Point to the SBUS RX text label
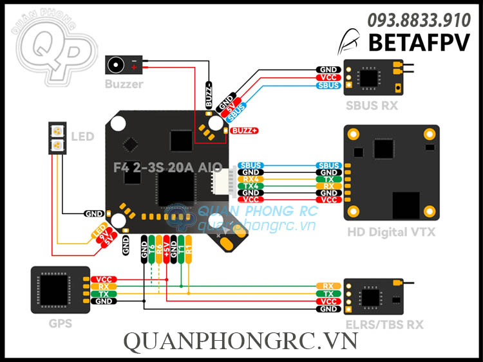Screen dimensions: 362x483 pyautogui.click(x=372, y=105)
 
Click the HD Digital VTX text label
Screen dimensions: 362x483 pyautogui.click(x=391, y=232)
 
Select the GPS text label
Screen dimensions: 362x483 pyautogui.click(x=61, y=323)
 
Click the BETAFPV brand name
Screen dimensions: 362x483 pyautogui.click(x=419, y=42)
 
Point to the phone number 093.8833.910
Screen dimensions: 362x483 pyautogui.click(x=419, y=21)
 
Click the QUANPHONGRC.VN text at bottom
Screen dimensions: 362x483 pyautogui.click(x=241, y=342)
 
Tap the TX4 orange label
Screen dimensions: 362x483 pyautogui.click(x=251, y=186)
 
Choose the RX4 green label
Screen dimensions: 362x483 pyautogui.click(x=251, y=179)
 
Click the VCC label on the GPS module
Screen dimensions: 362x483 pyautogui.click(x=103, y=279)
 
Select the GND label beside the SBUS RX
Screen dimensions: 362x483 pyautogui.click(x=328, y=69)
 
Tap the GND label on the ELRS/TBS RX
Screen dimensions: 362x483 pyautogui.click(x=328, y=309)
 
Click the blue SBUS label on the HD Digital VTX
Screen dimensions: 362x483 pyautogui.click(x=329, y=166)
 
